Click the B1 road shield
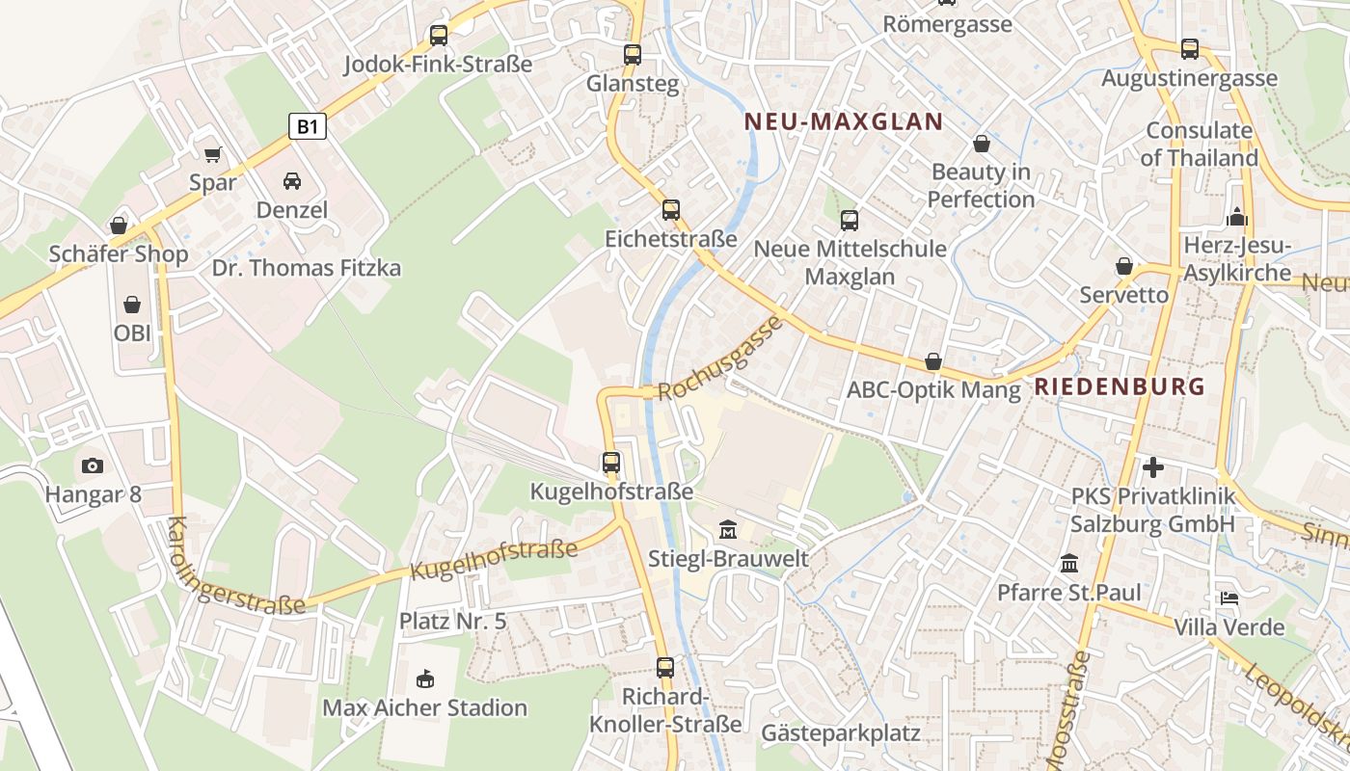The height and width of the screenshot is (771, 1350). click(x=308, y=126)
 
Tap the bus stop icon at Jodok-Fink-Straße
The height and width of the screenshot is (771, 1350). click(x=439, y=36)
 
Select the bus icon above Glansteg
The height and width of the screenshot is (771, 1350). click(x=633, y=55)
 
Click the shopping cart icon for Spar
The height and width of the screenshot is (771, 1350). click(x=213, y=154)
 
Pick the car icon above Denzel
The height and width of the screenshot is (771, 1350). click(x=291, y=181)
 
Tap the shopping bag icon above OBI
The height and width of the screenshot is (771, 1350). click(x=132, y=305)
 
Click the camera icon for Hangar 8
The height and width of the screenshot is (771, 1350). click(x=93, y=466)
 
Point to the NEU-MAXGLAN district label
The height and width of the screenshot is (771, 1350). click(x=844, y=121)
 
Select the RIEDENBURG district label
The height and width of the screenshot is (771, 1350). click(x=1120, y=386)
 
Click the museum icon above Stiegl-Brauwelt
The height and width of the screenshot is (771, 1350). click(x=728, y=529)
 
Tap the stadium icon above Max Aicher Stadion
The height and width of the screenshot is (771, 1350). click(x=425, y=679)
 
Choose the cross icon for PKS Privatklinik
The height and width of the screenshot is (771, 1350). click(x=1152, y=468)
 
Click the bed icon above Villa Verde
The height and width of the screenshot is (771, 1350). click(x=1228, y=598)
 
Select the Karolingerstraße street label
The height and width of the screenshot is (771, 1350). click(x=234, y=570)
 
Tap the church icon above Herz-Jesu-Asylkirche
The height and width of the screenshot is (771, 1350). click(x=1237, y=217)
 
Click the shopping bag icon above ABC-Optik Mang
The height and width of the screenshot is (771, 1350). click(x=932, y=361)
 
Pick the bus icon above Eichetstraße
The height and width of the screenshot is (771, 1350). click(x=671, y=209)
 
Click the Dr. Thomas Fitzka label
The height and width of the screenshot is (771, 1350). click(x=306, y=268)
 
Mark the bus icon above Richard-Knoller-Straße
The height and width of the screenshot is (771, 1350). click(x=665, y=667)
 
